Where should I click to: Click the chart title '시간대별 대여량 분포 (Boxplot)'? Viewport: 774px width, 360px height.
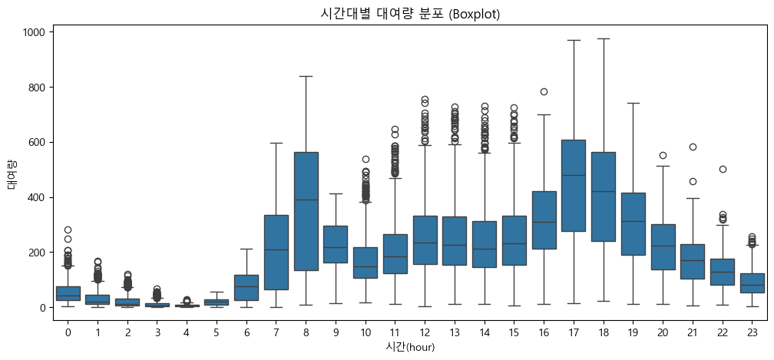point(409,14)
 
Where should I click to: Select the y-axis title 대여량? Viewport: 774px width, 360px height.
point(12,174)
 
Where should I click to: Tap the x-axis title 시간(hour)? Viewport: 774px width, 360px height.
point(409,346)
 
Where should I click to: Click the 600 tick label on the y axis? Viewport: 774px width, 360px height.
point(35,142)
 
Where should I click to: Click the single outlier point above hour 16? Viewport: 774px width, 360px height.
point(544,91)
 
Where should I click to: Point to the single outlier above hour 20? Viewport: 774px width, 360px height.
point(662,155)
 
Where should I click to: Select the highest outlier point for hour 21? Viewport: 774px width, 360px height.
point(692,147)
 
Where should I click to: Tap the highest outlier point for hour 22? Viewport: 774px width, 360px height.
point(722,169)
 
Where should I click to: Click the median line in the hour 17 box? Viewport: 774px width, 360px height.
point(573,175)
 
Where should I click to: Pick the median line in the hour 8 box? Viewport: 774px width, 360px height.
point(306,200)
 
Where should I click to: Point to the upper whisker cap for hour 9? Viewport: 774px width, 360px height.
point(336,193)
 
